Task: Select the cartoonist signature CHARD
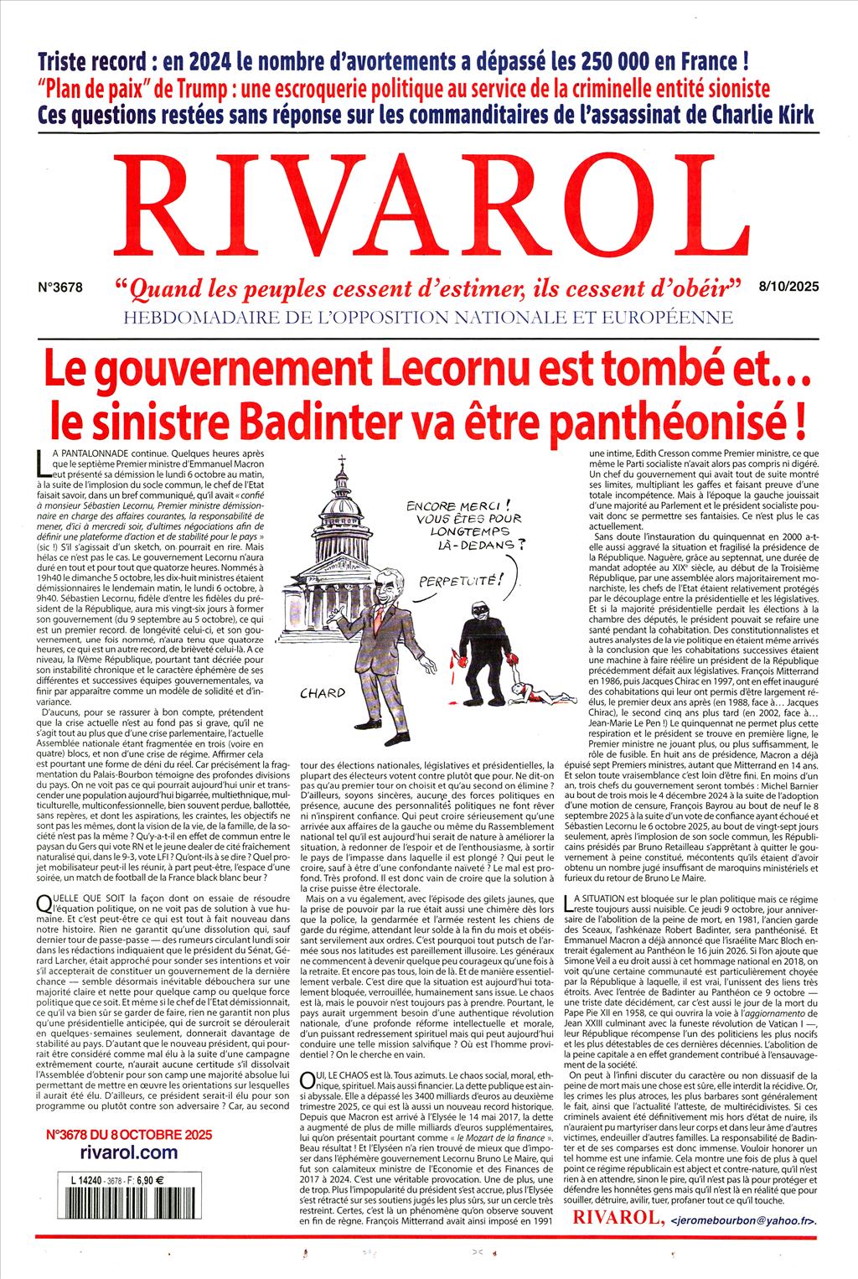coord(323,691)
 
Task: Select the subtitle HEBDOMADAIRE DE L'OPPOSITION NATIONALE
coord(427,317)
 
